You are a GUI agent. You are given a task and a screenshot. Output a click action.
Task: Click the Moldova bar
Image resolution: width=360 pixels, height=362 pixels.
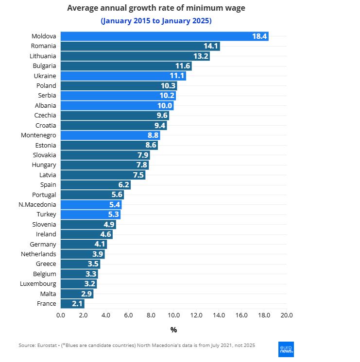(x=164, y=36)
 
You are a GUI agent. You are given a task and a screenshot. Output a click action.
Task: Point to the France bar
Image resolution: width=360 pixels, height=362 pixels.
(x=72, y=304)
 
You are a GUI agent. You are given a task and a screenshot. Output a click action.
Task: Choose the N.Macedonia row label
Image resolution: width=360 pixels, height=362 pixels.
(x=37, y=204)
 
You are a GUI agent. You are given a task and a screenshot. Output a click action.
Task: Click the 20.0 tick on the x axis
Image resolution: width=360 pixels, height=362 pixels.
(x=287, y=315)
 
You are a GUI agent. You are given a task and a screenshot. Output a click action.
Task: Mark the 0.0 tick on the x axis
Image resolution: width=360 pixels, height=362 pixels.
(x=61, y=315)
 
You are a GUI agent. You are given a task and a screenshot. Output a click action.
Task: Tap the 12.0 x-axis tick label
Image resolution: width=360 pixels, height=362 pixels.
(x=196, y=315)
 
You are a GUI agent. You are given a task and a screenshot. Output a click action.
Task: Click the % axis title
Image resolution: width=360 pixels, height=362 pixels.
(x=173, y=330)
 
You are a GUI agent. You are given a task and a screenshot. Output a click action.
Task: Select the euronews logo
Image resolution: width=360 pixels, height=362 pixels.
(x=286, y=349)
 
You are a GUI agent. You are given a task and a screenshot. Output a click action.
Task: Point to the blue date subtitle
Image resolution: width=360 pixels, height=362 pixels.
(x=156, y=21)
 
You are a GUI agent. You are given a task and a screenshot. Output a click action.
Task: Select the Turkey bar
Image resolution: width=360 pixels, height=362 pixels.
(x=90, y=214)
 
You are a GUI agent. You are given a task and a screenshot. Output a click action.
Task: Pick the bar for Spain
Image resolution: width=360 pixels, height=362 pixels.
(x=95, y=184)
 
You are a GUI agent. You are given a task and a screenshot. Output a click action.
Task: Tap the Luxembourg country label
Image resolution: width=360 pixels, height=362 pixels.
(x=38, y=284)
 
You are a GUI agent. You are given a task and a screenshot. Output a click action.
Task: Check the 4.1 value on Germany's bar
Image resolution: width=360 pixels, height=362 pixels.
(x=99, y=244)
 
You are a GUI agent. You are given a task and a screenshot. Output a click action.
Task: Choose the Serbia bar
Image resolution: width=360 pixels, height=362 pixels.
(x=118, y=96)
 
